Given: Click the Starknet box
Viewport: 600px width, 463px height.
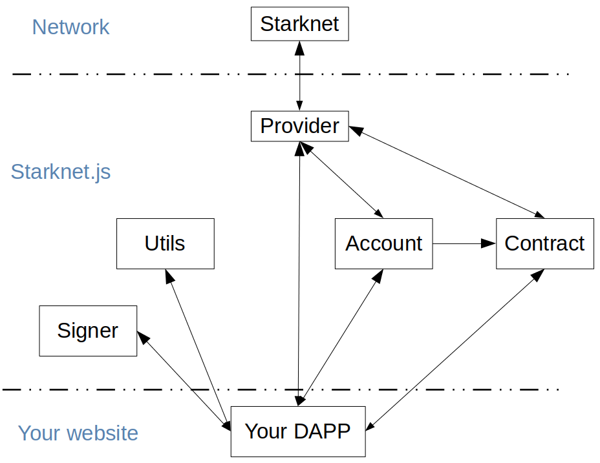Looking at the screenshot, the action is [299, 24].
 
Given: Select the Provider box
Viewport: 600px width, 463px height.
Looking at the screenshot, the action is [299, 126].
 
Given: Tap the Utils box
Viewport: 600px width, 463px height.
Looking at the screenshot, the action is [166, 243].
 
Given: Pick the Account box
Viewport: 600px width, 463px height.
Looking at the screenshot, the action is [384, 243].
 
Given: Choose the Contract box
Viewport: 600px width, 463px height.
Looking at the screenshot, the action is [545, 243].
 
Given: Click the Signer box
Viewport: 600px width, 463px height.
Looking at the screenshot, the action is [88, 331].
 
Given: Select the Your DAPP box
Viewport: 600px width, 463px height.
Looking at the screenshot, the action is [298, 431].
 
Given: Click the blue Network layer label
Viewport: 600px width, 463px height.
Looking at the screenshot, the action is [70, 27].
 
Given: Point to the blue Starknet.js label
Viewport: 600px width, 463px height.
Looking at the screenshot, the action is [61, 172].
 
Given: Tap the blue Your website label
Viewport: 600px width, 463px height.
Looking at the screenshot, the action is [78, 433].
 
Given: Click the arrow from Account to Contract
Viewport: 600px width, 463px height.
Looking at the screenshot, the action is [464, 243].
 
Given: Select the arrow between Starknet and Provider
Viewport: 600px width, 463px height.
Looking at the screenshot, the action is [299, 76].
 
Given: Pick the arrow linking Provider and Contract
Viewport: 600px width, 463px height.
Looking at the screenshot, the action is [447, 172].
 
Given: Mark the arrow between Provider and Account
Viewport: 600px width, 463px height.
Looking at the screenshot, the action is [341, 180].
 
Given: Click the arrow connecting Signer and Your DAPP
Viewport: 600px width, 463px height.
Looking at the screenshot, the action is [184, 381].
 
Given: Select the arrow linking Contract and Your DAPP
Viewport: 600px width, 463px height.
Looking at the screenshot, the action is [455, 350].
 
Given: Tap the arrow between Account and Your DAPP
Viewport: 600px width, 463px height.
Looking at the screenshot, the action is [341, 337].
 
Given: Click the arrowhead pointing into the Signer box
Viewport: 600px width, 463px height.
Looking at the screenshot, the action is [142, 336].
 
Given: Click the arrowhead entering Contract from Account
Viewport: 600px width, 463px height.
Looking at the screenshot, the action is [489, 243].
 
